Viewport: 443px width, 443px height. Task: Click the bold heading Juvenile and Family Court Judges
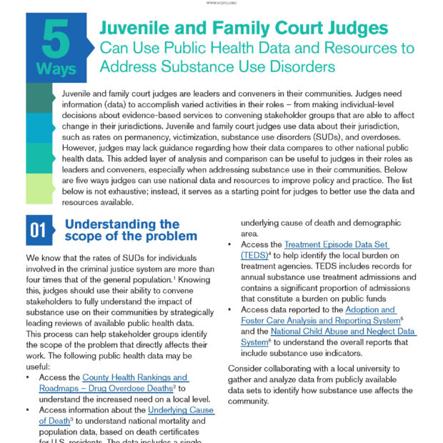point(244,28)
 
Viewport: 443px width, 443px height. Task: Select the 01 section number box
point(38,229)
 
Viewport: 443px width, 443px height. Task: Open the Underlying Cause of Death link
point(181,410)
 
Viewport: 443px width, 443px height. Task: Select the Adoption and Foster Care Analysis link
point(370,310)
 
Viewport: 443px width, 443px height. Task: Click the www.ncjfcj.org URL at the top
point(221,3)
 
